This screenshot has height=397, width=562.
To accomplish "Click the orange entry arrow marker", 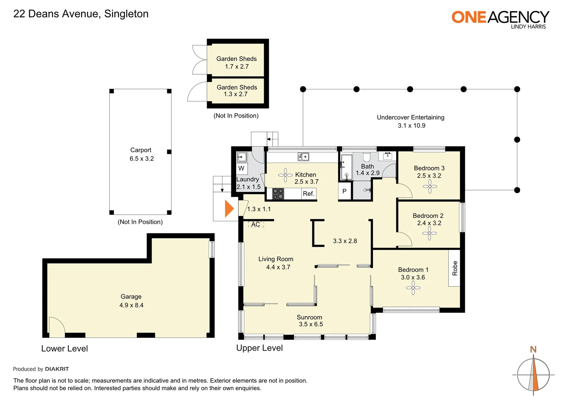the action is click(x=229, y=208).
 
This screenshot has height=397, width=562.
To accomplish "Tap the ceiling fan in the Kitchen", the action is click(x=285, y=175).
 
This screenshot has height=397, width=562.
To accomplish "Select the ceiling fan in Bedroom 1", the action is click(x=413, y=288).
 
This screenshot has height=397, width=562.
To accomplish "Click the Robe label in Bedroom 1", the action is click(x=455, y=268).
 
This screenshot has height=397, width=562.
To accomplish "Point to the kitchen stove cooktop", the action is click(x=278, y=194).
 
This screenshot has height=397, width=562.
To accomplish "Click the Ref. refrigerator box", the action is click(x=309, y=194).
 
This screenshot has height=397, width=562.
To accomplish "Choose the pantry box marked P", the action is click(x=345, y=192).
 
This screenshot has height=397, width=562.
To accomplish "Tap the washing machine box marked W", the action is click(x=242, y=168).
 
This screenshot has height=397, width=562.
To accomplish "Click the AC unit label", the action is click(x=256, y=224).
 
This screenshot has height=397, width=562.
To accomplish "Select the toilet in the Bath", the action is click(x=367, y=157).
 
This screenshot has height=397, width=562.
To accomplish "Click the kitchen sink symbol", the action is click(x=303, y=157).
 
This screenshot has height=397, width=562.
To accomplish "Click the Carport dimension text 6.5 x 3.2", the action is click(x=142, y=158).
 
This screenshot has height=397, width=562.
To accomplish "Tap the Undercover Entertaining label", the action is click(x=410, y=117).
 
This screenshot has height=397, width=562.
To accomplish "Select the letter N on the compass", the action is click(x=533, y=349).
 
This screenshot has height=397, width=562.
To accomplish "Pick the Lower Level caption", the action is click(x=64, y=348).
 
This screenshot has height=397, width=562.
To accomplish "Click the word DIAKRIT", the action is click(x=57, y=369).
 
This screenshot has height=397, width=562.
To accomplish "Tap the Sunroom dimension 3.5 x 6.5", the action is click(x=310, y=324).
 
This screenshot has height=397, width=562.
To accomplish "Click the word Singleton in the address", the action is click(x=126, y=14).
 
